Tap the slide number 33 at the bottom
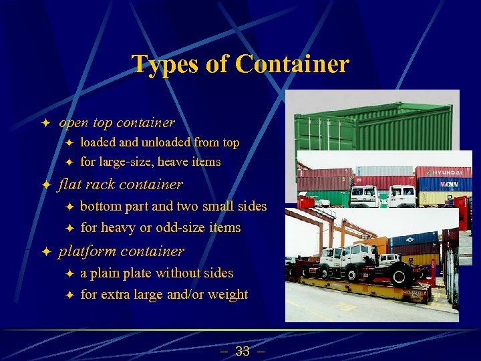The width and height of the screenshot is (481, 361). pos(242,351)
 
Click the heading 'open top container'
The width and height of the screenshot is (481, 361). pos(117,122)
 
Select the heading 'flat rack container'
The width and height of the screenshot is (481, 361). pos(121,184)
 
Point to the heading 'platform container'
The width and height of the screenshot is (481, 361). pos(122,251)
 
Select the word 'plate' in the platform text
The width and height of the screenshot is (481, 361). pos(136,273)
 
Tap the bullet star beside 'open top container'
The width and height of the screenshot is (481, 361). pos(45,123)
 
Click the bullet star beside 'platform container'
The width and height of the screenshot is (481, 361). pos(45,252)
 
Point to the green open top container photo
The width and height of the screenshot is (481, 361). pos(374,127)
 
